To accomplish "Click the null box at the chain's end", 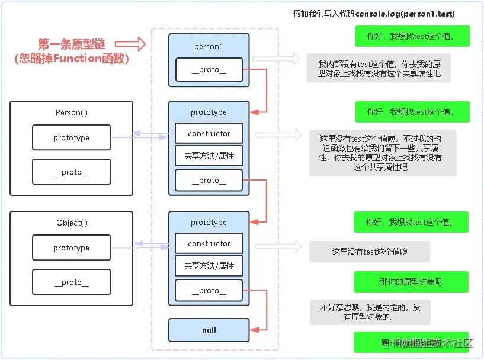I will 209,330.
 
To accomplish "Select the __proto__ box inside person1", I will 209,70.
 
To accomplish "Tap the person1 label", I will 209,46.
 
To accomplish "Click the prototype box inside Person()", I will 71,138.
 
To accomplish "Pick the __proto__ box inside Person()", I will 71,172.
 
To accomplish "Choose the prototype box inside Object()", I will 71,248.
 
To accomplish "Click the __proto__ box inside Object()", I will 71,282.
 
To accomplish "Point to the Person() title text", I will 72,112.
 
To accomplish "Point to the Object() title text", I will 72,223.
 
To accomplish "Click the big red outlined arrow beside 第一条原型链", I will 130,44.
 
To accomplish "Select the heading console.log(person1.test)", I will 374,14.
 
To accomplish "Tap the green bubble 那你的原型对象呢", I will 411,282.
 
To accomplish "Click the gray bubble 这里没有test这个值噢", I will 370,252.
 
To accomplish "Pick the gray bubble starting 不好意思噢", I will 370,312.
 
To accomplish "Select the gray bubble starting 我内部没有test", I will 379,69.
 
